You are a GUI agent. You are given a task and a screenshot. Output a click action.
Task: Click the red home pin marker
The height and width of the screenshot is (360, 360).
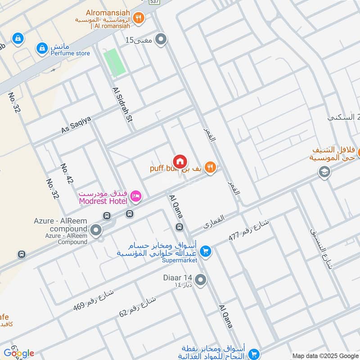[180, 162]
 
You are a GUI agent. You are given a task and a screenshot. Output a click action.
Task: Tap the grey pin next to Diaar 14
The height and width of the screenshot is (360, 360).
[201, 281]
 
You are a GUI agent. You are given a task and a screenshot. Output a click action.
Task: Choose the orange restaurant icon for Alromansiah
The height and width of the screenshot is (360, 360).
[139, 18]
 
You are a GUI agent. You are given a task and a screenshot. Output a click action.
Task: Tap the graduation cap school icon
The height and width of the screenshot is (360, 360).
[323, 171]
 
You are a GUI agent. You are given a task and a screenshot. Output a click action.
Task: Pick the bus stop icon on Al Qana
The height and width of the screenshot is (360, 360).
[180, 227]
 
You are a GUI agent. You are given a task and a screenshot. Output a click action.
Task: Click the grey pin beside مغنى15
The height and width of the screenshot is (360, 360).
[161, 40]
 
